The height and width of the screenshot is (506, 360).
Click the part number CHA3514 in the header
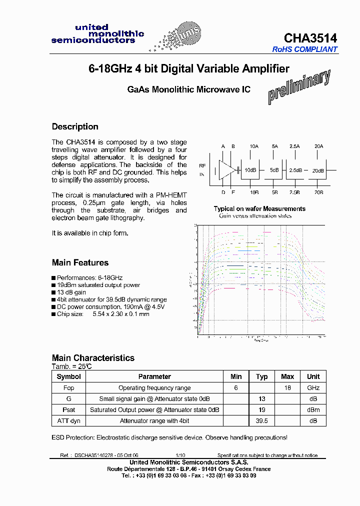pos(310,38)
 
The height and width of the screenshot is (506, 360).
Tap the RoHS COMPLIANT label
pos(305,49)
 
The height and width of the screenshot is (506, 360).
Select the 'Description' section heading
pos(75,126)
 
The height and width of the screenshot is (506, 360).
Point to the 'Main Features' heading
pos(80,262)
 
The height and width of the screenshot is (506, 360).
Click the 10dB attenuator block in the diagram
pos(250,170)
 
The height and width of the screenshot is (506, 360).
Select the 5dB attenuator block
pos(274,170)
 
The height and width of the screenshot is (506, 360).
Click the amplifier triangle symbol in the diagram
pos(226,169)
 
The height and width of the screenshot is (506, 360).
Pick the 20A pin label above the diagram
pos(318,146)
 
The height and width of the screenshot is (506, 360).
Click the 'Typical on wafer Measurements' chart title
pos(259,208)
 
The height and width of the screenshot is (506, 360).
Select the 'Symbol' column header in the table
pos(68,376)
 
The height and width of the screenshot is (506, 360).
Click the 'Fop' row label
pos(68,388)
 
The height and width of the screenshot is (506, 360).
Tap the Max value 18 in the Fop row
pos(287,388)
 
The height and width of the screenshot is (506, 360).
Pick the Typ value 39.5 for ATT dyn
pos(261,421)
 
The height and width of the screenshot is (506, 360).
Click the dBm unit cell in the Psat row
pos(313,410)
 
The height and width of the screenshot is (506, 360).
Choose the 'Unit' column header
pos(313,376)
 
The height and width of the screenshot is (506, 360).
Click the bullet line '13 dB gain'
pos(71,292)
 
